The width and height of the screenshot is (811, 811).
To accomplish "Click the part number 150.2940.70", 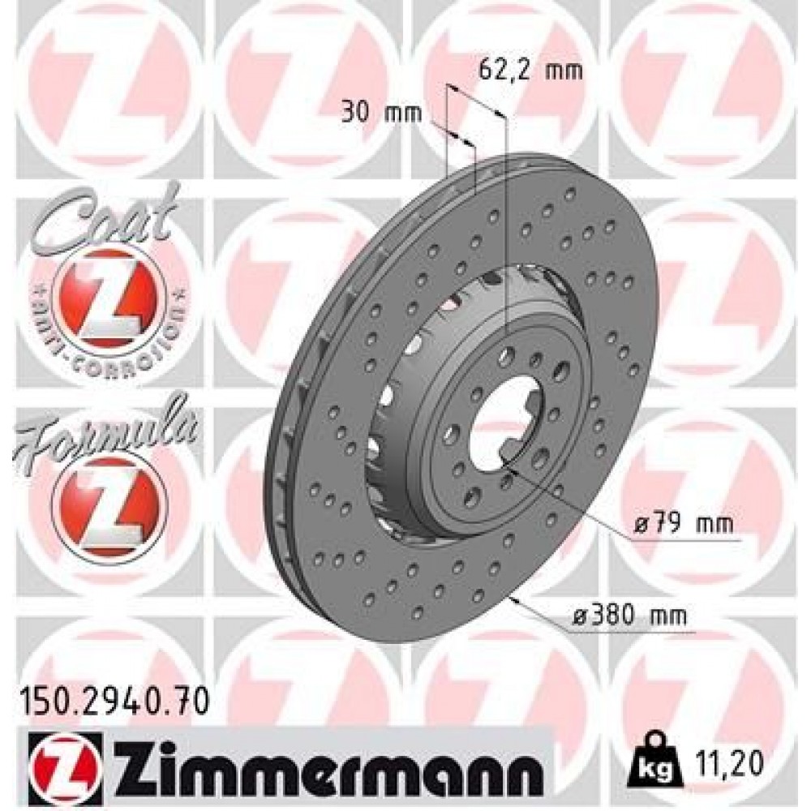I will click(113, 697).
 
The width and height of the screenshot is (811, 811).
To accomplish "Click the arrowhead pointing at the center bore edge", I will click(506, 461).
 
